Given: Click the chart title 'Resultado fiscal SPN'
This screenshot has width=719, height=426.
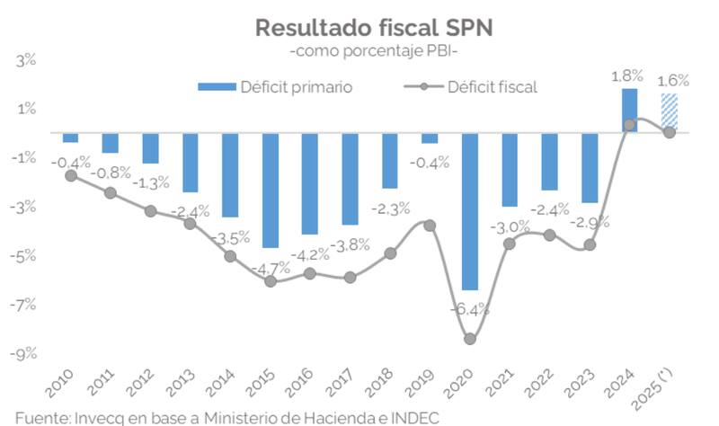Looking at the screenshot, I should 374,27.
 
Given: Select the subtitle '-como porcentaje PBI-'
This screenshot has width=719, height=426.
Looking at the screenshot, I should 374,52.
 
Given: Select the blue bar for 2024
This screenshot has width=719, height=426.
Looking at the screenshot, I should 629,111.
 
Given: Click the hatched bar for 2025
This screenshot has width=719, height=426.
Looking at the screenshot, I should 669,113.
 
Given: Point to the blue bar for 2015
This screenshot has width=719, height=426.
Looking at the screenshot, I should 271,190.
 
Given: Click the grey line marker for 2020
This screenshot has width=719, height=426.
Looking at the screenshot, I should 470,339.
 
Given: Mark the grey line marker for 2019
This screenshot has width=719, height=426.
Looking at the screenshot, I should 430,225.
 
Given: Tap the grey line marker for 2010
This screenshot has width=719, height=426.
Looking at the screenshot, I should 71,175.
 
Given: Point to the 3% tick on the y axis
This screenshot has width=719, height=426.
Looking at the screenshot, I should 23,60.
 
